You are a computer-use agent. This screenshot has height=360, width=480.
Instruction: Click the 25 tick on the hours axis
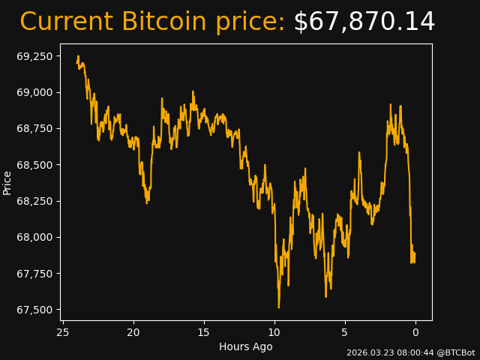click(63, 332)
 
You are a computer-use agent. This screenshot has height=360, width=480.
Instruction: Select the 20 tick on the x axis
click(133, 332)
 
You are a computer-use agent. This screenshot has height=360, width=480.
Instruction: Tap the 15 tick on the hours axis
click(204, 332)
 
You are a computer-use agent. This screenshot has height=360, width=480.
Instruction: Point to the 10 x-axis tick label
click(274, 332)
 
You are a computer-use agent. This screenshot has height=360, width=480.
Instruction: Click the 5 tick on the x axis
click(345, 332)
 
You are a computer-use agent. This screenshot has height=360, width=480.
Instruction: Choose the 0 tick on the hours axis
click(415, 332)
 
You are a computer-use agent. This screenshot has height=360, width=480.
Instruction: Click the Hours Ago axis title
click(246, 346)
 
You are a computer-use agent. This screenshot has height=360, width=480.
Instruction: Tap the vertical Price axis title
click(7, 182)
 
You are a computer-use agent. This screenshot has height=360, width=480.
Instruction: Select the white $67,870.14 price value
click(364, 22)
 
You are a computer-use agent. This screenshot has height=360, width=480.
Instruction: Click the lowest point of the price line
click(278, 307)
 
